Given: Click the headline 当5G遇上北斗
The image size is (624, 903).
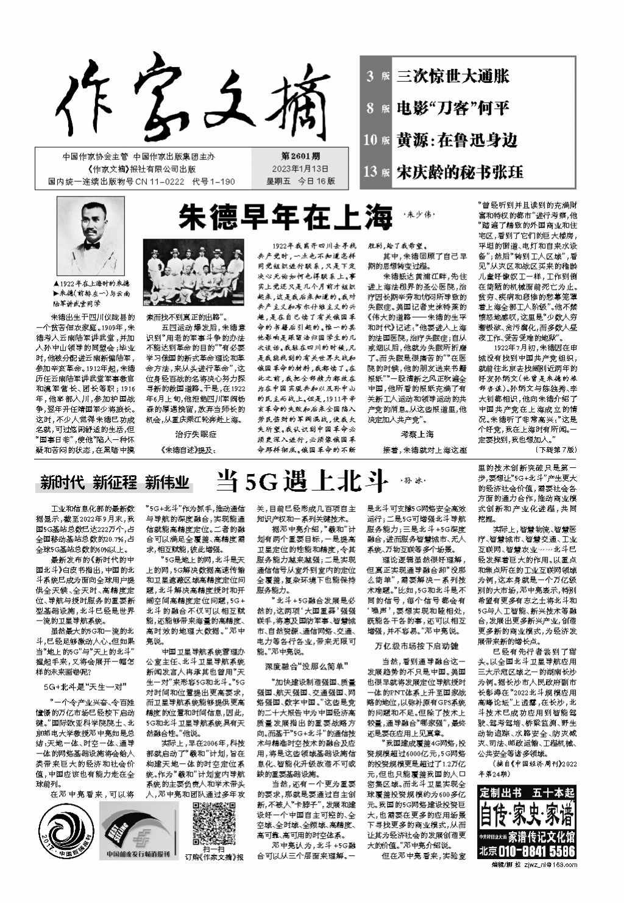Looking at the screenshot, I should tap(302, 481).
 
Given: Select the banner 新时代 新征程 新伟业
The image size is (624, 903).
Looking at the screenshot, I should tap(115, 483).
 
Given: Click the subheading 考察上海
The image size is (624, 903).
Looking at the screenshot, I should tap(417, 434).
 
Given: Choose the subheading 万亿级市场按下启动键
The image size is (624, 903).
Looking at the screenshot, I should tap(416, 645).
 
